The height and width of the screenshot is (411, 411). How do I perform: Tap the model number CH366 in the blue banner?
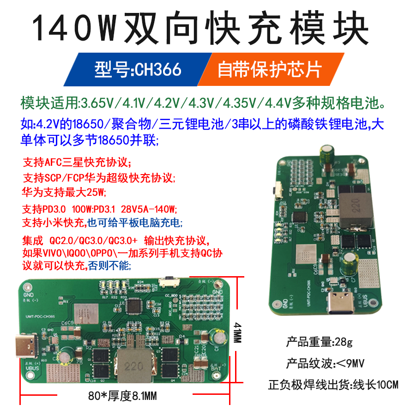(157, 70)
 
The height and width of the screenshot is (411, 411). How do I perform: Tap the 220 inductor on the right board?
(356, 208)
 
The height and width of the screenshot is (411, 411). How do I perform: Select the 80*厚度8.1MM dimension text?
(122, 396)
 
